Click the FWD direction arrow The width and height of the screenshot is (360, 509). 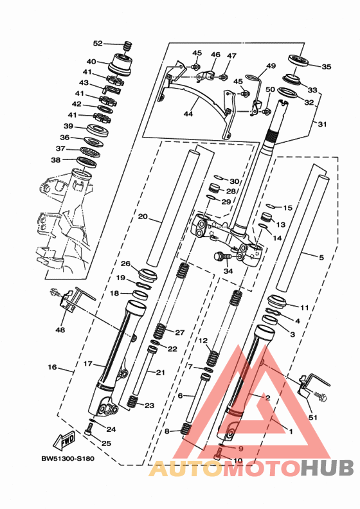(x=64, y=440)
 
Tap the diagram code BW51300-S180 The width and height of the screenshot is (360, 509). (x=68, y=459)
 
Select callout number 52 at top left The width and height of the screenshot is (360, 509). (x=97, y=43)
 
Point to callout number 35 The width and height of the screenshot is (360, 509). (x=326, y=67)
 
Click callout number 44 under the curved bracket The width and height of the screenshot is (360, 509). (x=188, y=114)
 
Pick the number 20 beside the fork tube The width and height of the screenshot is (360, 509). (x=143, y=216)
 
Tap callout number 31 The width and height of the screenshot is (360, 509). (x=322, y=124)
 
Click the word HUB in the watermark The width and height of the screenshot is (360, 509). (x=326, y=468)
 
